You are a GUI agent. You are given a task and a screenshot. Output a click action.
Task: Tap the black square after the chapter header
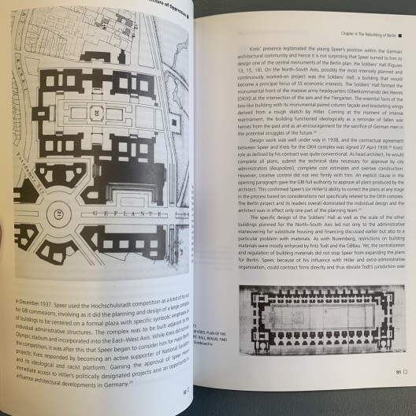pos(400,35)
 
